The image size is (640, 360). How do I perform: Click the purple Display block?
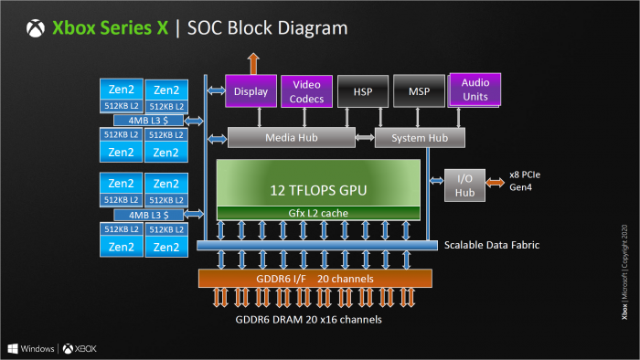click(250, 91)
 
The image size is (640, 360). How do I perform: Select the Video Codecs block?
click(306, 92)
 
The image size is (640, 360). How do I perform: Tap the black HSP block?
click(362, 91)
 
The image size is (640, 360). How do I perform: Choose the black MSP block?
click(418, 91)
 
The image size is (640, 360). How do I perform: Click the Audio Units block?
click(475, 90)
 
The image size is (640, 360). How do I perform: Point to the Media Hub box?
click(291, 138)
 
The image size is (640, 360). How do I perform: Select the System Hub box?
click(419, 138)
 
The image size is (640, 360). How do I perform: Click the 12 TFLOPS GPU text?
click(317, 190)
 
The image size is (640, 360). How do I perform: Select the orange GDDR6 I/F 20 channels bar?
click(315, 277)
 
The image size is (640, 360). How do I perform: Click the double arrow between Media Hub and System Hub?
click(365, 138)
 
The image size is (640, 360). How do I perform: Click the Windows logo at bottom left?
click(14, 348)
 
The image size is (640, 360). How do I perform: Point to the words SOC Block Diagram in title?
click(267, 28)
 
